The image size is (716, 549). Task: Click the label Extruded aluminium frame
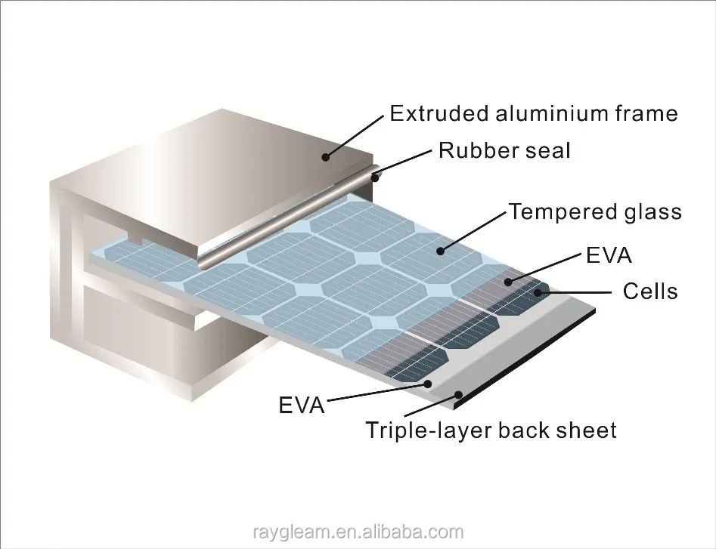[533, 113]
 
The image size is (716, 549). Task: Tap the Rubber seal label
[504, 150]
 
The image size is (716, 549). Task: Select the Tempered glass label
[595, 211]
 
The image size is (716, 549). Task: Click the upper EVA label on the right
[609, 255]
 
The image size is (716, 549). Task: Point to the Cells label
[649, 291]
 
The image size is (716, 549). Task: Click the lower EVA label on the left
[302, 406]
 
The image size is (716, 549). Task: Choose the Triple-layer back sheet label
[491, 430]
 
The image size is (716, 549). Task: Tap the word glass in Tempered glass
[646, 212]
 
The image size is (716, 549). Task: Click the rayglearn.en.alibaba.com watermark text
[358, 532]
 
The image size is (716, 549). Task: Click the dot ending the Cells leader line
[538, 291]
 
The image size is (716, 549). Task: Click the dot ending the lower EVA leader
[429, 383]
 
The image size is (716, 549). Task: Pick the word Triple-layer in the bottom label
[427, 430]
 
